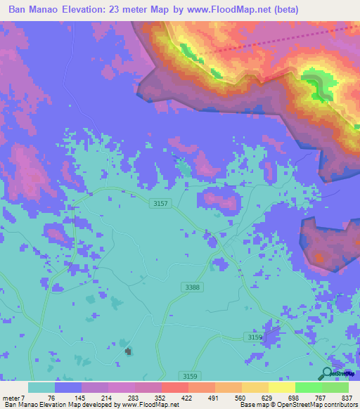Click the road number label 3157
pyautogui.click(x=161, y=204)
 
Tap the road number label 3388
pyautogui.click(x=191, y=287)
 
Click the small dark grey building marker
pyautogui.click(x=127, y=351)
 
